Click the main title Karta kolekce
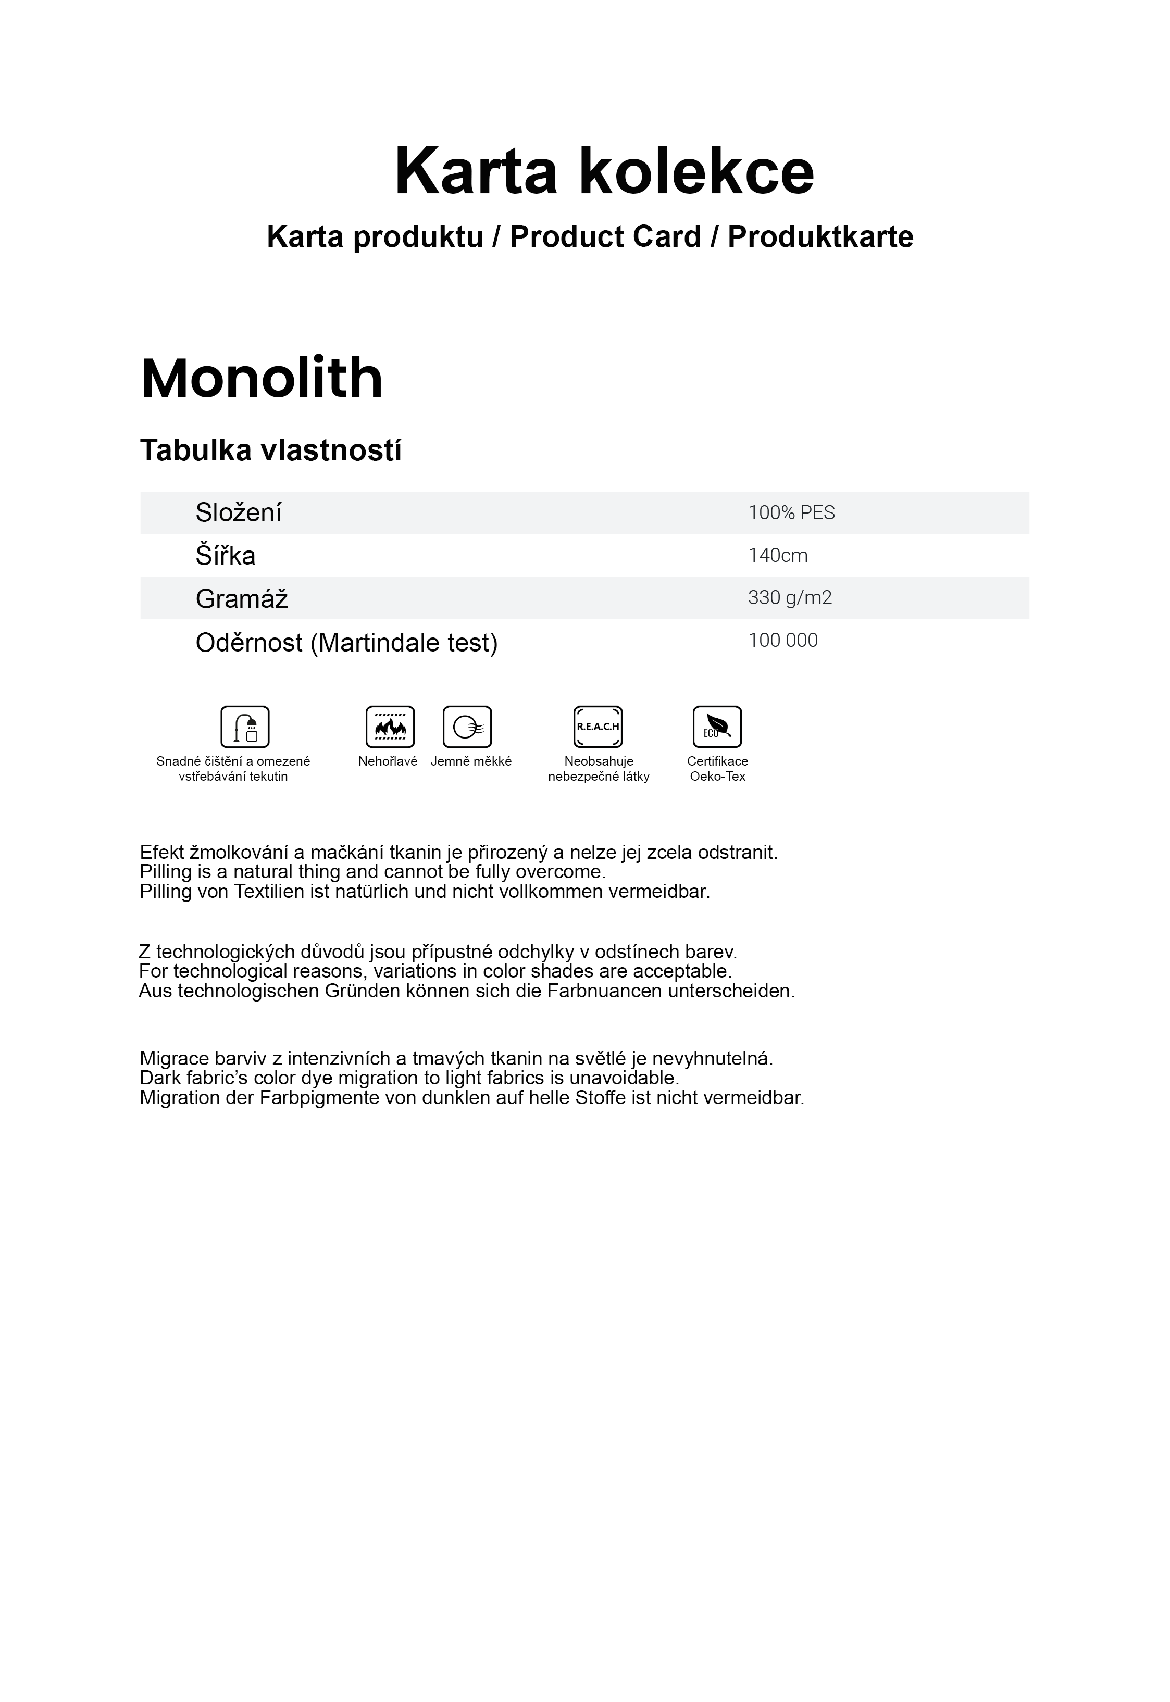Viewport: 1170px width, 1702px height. coord(604,172)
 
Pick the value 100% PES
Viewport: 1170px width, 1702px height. coord(791,512)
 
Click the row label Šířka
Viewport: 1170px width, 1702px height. coord(225,556)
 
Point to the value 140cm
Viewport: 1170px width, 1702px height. coord(777,556)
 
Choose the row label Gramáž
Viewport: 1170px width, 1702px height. coord(241,599)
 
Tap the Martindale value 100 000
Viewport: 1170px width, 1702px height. coord(782,641)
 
